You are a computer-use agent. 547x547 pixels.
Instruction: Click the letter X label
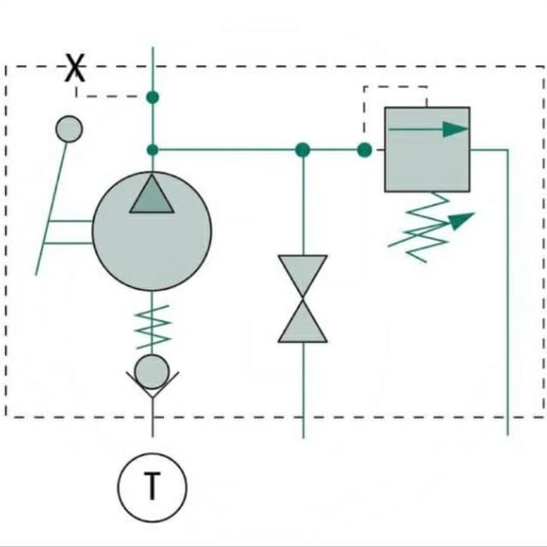pos(75,68)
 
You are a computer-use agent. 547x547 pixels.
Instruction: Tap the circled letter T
pos(152,487)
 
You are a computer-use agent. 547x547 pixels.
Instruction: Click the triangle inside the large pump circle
pos(152,196)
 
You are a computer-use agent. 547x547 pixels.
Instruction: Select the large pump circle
pos(152,231)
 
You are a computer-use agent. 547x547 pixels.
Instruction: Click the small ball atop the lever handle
pos(69,129)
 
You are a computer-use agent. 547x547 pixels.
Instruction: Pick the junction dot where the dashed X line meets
pos(152,97)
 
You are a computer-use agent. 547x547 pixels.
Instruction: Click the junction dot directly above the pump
pos(152,150)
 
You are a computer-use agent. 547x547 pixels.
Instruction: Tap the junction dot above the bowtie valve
pos(303,150)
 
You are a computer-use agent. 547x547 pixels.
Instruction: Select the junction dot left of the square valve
pos(365,150)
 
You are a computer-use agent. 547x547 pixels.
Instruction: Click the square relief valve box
pos(427,150)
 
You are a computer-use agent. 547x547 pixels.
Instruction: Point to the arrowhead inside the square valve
pos(456,129)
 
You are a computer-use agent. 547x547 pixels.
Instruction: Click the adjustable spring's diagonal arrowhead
pos(462,221)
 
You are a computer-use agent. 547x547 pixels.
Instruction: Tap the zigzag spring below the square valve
pos(426,226)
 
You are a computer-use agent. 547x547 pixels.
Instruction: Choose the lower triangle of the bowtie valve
pos(303,323)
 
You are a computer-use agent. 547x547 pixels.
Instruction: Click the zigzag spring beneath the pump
pos(152,326)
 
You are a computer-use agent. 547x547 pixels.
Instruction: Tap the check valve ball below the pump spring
pos(152,372)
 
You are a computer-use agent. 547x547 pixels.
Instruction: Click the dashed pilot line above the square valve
pos(396,87)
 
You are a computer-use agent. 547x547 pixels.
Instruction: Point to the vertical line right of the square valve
pos(508,292)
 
